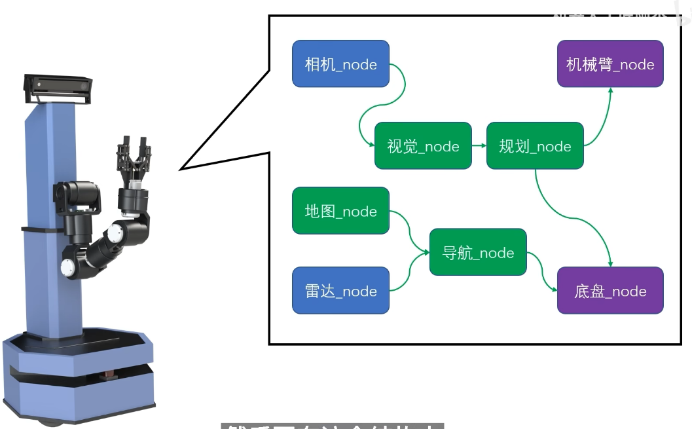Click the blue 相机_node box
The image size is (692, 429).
[x=340, y=64]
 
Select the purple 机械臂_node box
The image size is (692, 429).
[x=610, y=64]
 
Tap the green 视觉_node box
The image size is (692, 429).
[x=423, y=145]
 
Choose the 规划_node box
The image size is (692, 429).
[x=535, y=145]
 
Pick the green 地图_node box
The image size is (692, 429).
[x=340, y=211]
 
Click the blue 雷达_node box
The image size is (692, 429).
[x=340, y=291]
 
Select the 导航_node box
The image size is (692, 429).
[x=478, y=252]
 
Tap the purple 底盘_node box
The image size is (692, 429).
[x=610, y=290]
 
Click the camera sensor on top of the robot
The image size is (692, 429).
[x=58, y=86]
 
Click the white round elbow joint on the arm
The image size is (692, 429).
[x=117, y=233]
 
